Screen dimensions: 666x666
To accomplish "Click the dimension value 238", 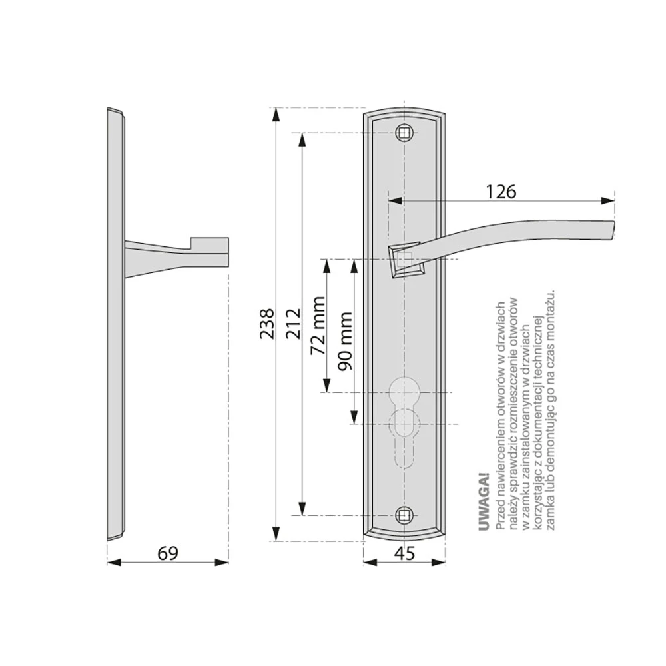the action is (267, 324).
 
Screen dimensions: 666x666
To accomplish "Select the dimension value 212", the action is (293, 324).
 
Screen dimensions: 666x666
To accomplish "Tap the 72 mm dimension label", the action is (318, 326).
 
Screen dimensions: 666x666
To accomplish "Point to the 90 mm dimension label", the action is (345, 341).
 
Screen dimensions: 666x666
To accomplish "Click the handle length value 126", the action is (501, 192).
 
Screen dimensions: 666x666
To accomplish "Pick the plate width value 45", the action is (404, 553).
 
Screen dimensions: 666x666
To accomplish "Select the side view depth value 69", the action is (168, 553).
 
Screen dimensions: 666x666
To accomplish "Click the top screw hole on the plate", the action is (404, 133).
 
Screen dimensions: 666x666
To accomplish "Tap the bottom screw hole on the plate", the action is (404, 515).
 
